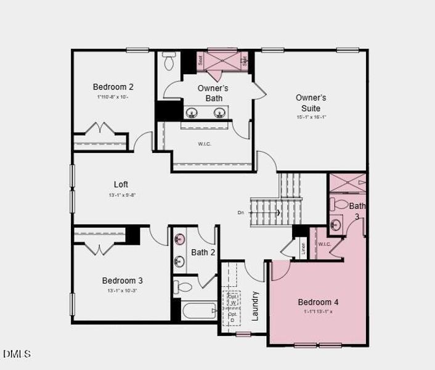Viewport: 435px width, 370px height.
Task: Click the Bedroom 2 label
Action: pos(113,87)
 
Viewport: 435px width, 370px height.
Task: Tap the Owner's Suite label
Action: pos(311,103)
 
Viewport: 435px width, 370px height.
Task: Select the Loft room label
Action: pos(121,184)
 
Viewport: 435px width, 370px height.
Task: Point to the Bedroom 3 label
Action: pos(123,281)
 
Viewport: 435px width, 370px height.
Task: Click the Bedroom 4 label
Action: pos(318,302)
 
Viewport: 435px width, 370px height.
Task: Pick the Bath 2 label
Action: pos(203,252)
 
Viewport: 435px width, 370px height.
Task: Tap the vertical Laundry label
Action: pos(255,306)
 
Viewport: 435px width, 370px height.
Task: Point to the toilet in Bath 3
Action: pos(340,204)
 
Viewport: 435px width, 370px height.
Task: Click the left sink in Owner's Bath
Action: pos(192,113)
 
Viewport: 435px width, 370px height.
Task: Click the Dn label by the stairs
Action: pos(241,213)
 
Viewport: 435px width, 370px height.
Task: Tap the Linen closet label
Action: pos(303,248)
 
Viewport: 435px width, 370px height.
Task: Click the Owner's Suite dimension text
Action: pos(311,117)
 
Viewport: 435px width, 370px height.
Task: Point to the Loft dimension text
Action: pos(121,195)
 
